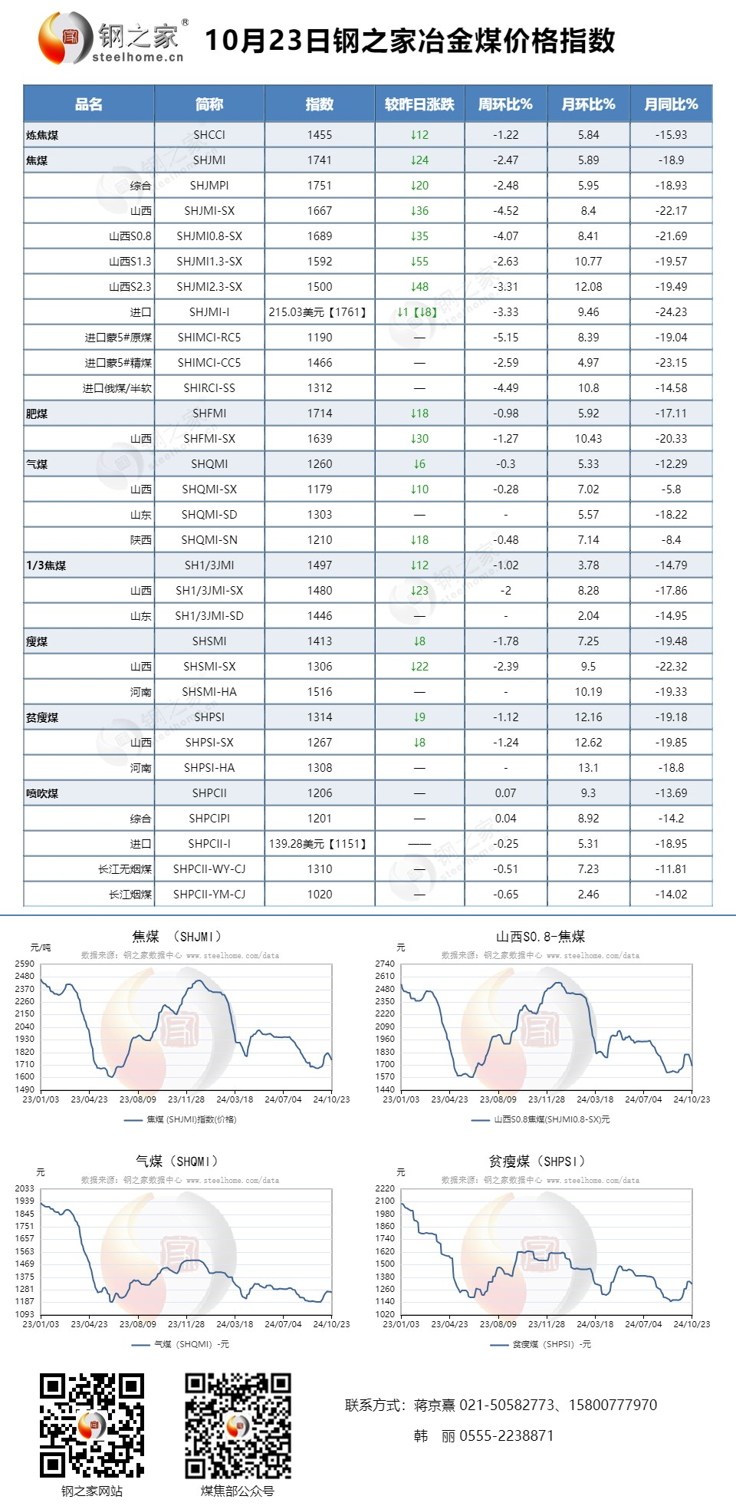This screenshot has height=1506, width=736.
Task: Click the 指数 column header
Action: coord(320,104)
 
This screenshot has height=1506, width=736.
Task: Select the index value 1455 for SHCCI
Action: coord(320,135)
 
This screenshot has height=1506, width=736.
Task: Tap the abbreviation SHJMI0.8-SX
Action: coord(209,236)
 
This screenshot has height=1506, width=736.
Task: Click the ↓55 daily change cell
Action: coord(419,262)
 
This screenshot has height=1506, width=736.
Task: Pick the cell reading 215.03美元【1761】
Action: coord(319,312)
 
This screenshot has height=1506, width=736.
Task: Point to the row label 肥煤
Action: coord(37,414)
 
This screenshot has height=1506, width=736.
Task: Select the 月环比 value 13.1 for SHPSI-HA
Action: coord(588,768)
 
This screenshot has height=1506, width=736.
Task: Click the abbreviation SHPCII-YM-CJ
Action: coord(209,895)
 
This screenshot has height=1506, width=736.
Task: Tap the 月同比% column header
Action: coord(671,104)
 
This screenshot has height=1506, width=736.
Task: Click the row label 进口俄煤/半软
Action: coord(117,388)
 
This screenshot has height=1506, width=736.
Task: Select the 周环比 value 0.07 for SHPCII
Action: coord(505,793)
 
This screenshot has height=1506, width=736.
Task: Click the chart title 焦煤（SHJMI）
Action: coord(177,937)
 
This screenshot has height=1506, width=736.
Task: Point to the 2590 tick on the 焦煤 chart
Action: coord(25,964)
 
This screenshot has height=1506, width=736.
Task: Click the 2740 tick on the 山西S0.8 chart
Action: coord(385,964)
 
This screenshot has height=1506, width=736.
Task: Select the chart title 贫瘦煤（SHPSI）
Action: coord(537,1162)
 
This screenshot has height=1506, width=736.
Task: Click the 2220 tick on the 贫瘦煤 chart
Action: coord(385,1188)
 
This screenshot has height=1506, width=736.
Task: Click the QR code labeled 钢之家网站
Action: coord(92,1425)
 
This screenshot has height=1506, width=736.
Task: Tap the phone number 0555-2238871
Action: coord(506,1435)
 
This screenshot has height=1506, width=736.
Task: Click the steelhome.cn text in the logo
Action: coord(138,58)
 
